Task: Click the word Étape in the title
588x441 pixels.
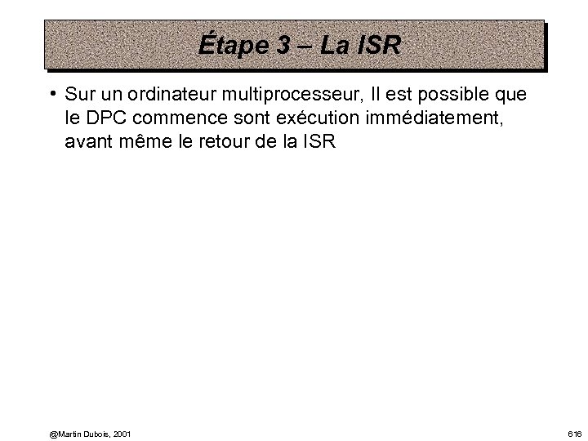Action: [232, 46]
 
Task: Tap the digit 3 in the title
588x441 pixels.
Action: [283, 46]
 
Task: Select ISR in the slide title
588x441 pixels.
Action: [380, 46]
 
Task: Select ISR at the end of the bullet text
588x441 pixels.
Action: [318, 142]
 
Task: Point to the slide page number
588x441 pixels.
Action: [575, 433]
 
